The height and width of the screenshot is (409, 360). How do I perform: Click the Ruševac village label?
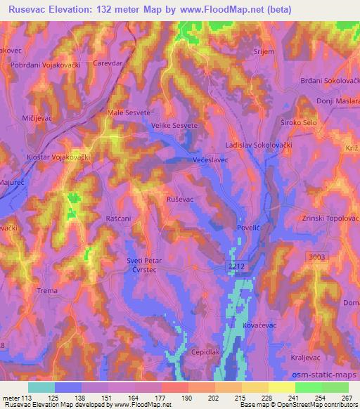click(x=179, y=200)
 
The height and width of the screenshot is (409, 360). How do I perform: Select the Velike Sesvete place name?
click(x=174, y=125)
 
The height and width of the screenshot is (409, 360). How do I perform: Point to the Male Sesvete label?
click(x=126, y=112)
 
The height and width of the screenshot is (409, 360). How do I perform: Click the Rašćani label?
click(x=119, y=219)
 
